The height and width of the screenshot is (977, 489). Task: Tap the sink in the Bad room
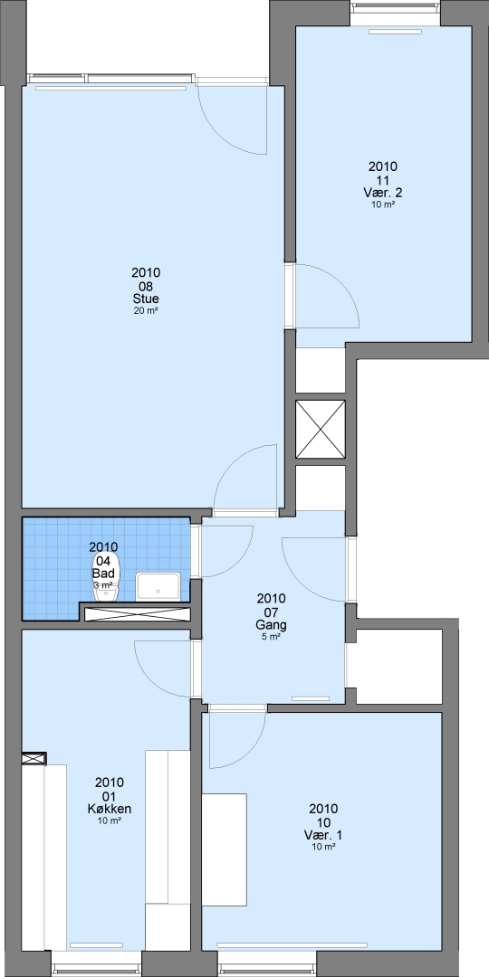[158, 586]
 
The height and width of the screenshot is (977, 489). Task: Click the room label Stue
[146, 299]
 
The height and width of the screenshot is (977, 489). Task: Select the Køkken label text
[110, 809]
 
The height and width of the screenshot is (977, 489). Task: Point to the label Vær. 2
[382, 193]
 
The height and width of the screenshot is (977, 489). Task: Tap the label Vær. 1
[323, 835]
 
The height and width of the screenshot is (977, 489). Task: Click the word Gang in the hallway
[271, 624]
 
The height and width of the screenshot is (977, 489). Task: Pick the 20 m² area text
[146, 310]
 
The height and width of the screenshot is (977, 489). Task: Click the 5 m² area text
[271, 636]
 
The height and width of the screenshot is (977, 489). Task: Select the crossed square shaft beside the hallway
[320, 430]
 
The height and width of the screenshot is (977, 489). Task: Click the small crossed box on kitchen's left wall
[34, 758]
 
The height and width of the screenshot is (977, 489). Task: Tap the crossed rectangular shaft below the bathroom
[137, 613]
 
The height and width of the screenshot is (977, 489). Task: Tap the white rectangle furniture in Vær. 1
[224, 849]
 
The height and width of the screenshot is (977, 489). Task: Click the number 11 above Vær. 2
[382, 179]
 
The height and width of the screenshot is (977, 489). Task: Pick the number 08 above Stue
[146, 286]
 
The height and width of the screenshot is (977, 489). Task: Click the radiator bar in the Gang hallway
[311, 698]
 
